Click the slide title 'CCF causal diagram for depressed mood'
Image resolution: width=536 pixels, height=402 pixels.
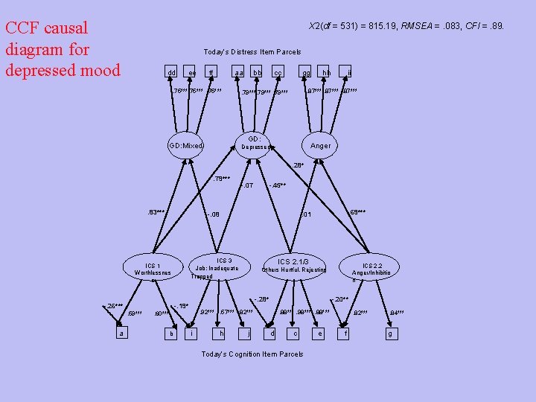click(63, 49)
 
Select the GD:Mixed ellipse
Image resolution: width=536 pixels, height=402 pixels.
click(186, 145)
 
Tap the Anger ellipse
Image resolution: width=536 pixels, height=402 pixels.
click(322, 146)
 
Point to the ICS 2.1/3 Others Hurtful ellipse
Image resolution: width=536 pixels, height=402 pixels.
click(294, 266)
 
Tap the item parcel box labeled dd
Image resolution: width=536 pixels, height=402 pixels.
click(171, 72)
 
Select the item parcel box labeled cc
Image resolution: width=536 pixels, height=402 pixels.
click(278, 72)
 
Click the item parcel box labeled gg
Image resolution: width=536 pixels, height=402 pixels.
click(306, 72)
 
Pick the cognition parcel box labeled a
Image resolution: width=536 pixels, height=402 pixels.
click(121, 334)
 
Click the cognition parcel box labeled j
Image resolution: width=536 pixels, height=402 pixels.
click(248, 334)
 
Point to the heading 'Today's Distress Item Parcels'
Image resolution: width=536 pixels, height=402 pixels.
click(252, 52)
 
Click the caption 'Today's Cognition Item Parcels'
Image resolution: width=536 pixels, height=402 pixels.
click(252, 354)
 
